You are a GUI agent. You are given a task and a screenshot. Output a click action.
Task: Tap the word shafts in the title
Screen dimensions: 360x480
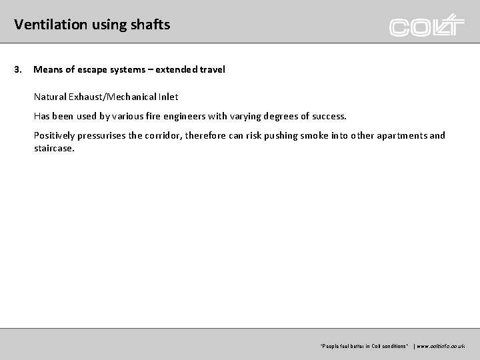(x=153, y=25)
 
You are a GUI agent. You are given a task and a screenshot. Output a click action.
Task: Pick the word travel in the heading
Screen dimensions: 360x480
(x=212, y=69)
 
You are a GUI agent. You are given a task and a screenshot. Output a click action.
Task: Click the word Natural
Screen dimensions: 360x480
(x=50, y=97)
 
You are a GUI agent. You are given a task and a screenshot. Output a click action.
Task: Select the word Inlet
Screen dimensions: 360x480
(x=167, y=97)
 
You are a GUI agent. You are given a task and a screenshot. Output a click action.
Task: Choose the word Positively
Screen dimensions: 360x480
(x=56, y=135)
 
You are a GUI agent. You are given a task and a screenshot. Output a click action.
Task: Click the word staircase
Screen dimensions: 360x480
(x=54, y=149)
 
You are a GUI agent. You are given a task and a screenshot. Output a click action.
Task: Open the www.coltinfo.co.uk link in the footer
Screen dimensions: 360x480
(x=441, y=346)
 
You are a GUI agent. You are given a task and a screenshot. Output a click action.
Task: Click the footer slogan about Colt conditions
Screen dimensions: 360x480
(x=365, y=346)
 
